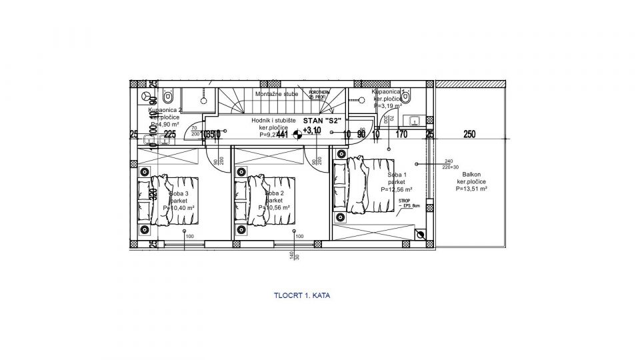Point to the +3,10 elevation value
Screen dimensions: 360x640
click(x=312, y=131)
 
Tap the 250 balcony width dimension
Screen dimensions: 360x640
click(x=469, y=134)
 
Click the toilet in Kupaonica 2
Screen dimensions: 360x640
click(x=149, y=97)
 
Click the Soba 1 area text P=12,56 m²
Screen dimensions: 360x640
click(x=396, y=189)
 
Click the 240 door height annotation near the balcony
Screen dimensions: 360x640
click(x=448, y=162)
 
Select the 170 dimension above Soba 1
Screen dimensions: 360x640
click(x=402, y=134)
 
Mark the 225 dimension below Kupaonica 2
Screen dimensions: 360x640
click(x=170, y=134)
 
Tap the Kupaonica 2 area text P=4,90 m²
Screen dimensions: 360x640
click(x=164, y=123)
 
